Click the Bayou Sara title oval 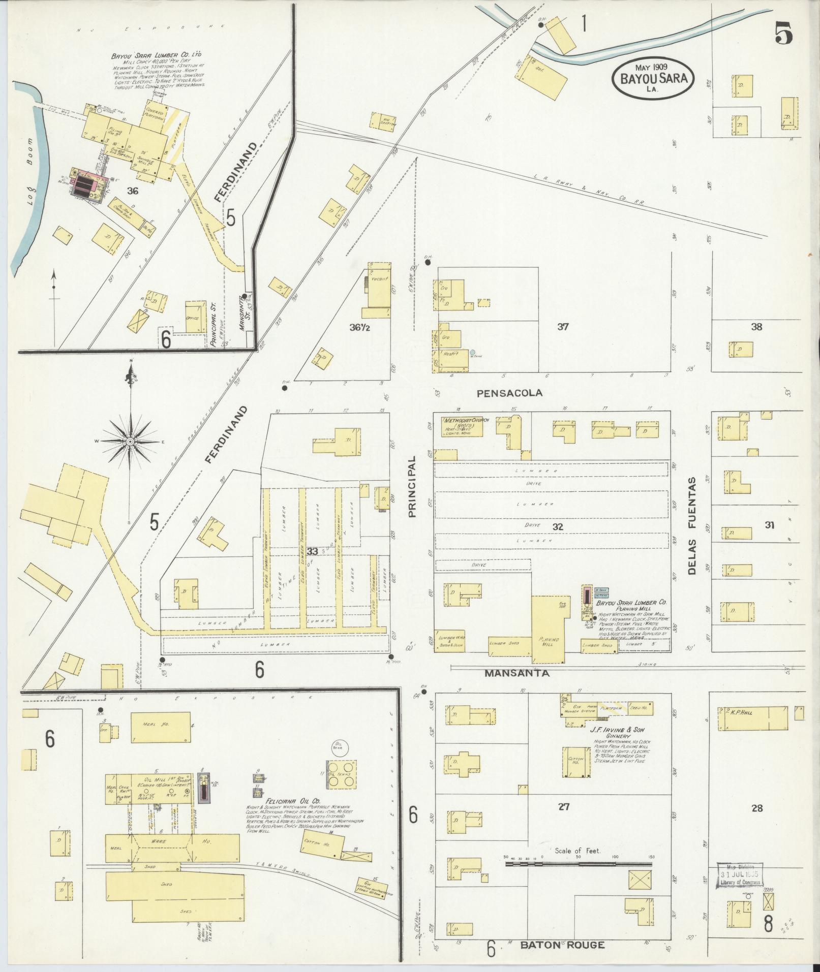tap(653, 78)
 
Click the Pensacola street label tap(509, 393)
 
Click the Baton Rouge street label tap(562, 945)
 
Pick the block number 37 tap(562, 327)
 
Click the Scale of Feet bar tap(580, 863)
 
